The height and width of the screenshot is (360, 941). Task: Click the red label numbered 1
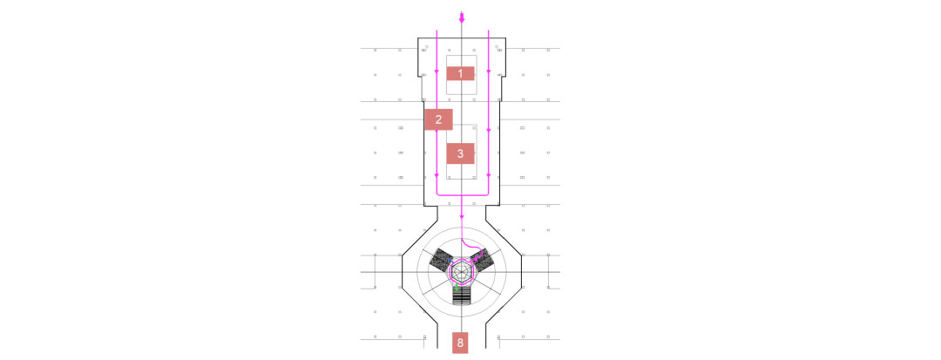(x=460, y=74)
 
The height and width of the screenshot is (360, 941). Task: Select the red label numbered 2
(x=438, y=119)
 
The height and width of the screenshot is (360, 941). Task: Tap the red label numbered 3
(x=460, y=153)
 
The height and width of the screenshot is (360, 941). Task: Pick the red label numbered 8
(x=460, y=343)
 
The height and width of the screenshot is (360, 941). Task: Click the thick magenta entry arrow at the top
(x=461, y=17)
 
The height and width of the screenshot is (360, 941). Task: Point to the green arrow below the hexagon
(x=456, y=288)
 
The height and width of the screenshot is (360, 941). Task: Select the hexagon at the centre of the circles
(x=462, y=273)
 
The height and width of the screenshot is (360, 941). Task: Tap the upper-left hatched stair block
(x=441, y=260)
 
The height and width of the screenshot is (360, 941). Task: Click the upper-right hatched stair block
(x=482, y=260)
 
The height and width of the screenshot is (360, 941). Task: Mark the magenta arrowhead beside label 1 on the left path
(x=437, y=72)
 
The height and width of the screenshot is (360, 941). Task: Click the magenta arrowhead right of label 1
(x=489, y=72)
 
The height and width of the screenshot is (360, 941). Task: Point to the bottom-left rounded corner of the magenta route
(x=438, y=194)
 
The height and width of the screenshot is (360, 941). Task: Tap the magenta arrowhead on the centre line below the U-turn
(x=461, y=216)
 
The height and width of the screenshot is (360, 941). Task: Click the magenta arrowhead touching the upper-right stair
(x=476, y=259)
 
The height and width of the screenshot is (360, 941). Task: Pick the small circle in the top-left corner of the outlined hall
(x=427, y=46)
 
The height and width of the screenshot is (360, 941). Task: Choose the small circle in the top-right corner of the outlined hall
(x=497, y=46)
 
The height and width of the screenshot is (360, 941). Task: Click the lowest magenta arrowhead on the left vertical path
(x=437, y=176)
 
